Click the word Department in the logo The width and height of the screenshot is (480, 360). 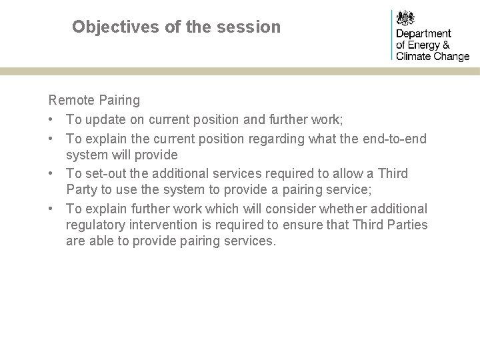(x=424, y=33)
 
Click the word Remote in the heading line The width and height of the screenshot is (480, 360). (x=69, y=101)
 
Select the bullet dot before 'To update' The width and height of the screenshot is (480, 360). (x=52, y=119)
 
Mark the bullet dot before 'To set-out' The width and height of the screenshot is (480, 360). (x=52, y=173)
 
